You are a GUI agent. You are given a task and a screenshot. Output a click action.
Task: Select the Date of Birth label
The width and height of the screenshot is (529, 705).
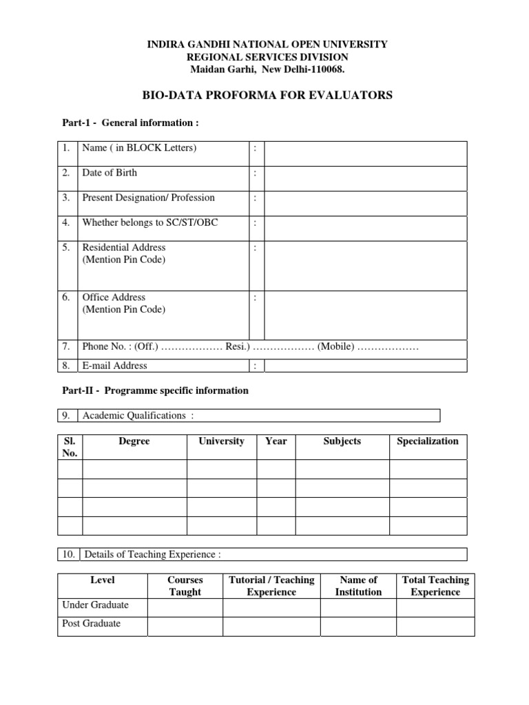click(110, 173)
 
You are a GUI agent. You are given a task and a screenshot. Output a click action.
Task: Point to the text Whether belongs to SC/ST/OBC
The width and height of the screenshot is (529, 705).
click(151, 222)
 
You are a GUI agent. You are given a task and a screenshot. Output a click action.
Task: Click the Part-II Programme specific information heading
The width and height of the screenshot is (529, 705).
click(156, 390)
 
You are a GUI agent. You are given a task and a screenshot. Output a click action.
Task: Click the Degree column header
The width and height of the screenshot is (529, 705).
click(134, 441)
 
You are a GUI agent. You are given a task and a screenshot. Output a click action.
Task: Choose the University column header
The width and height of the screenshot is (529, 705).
click(221, 441)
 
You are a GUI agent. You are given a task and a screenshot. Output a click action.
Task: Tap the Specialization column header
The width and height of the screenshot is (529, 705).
click(428, 441)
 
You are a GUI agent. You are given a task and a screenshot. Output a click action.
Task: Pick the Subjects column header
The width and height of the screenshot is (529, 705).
click(342, 441)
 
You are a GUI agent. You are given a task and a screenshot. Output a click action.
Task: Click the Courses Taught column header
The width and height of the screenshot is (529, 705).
click(185, 586)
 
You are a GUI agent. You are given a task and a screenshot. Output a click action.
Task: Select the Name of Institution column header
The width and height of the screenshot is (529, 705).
click(358, 586)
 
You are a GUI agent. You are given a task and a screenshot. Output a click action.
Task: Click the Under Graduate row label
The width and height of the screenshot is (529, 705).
click(96, 605)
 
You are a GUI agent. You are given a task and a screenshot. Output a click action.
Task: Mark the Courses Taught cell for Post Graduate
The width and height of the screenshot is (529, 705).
click(185, 626)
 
